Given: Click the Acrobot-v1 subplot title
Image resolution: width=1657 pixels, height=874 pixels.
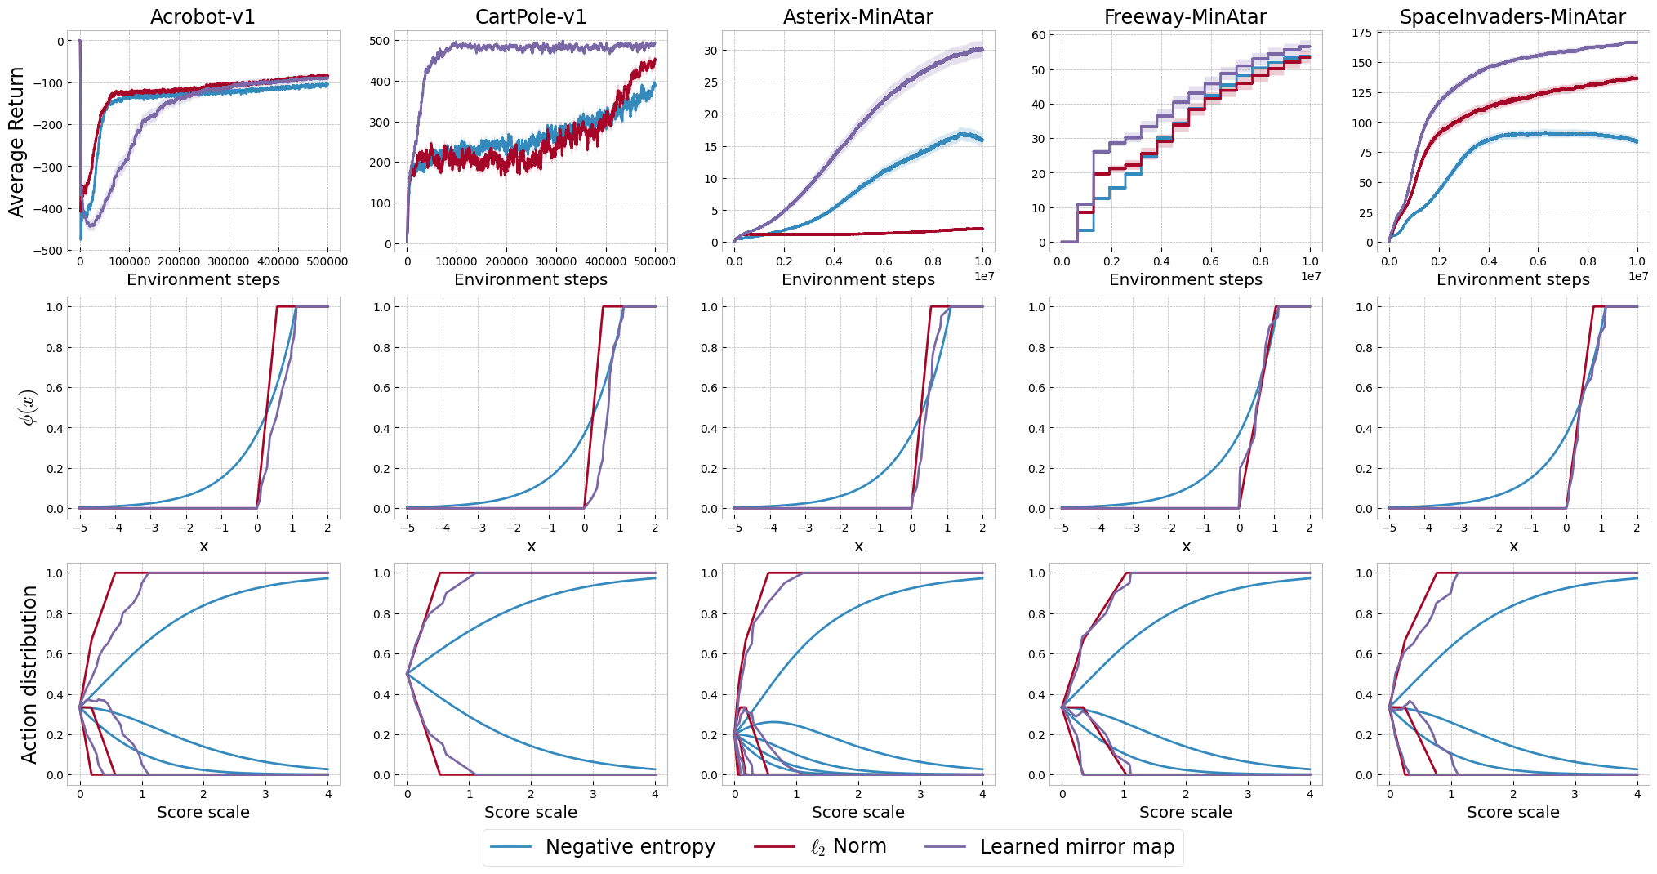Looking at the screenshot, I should click(x=203, y=17).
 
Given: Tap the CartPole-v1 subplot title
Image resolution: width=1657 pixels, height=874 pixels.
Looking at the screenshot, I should click(x=531, y=17).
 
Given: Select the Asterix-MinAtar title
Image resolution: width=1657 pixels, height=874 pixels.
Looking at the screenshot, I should click(x=857, y=17).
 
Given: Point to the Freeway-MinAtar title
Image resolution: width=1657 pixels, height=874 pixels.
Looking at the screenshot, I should click(x=1185, y=17).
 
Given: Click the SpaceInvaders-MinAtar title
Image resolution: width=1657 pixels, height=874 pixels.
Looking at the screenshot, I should click(x=1512, y=17).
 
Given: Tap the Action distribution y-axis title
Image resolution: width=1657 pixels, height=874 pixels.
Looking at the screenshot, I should click(x=29, y=675).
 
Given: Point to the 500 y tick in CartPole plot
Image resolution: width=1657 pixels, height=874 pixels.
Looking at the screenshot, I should click(x=380, y=41).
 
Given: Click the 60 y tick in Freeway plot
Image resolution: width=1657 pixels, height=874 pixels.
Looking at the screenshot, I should click(x=1038, y=35).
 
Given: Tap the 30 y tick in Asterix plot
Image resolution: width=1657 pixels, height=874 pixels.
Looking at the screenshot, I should click(x=710, y=51).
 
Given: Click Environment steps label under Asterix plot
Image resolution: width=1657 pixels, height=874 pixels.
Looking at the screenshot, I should click(x=857, y=280).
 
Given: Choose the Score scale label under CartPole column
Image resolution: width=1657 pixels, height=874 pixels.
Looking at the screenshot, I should click(x=531, y=813).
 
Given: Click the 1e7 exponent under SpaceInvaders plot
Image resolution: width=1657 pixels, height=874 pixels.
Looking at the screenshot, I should click(x=1637, y=277).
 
